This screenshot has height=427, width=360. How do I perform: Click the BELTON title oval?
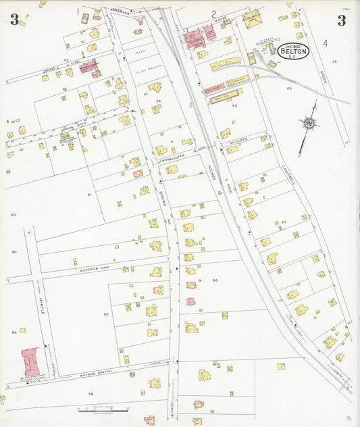tap(293, 51)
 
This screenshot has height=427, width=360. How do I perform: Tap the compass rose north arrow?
tap(309, 124)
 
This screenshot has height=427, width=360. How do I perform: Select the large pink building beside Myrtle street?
tap(30, 362)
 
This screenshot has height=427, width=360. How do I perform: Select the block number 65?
tap(106, 315)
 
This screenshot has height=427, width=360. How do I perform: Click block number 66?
tap(215, 280)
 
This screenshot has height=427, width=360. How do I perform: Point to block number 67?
tap(285, 222)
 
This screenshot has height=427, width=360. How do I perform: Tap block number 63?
tap(289, 89)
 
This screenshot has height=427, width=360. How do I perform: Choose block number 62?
tap(235, 105)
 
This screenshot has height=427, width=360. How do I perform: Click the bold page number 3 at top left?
tap(14, 20)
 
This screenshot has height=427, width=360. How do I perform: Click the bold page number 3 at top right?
tap(342, 20)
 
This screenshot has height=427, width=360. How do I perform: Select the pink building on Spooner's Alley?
tap(88, 66)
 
